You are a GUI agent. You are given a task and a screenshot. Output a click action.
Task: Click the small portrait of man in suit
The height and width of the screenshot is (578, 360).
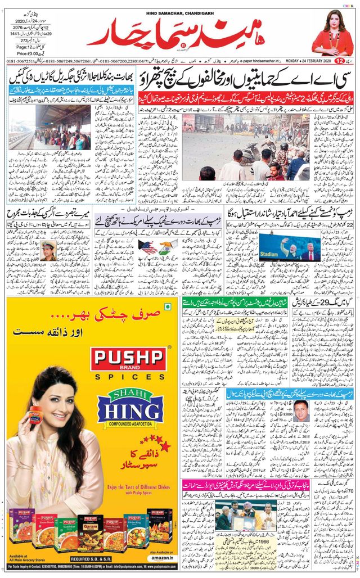click(x=301, y=411)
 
